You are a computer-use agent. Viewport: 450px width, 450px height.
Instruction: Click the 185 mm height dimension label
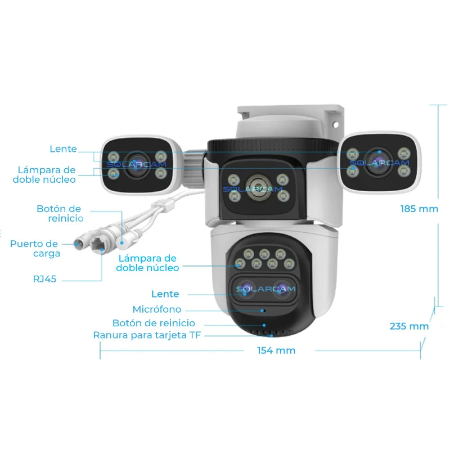pos(419,209)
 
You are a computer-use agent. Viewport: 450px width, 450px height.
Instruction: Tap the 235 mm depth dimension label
pos(409,326)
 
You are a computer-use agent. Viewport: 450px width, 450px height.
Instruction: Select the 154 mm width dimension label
pos(276,350)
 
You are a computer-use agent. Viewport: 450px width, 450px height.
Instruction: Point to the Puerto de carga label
pos(34,249)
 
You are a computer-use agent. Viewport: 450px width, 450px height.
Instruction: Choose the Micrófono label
pos(157,309)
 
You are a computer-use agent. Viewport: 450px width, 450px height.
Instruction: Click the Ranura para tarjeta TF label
pos(147,335)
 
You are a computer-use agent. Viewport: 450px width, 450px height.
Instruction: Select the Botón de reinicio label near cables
pos(60,213)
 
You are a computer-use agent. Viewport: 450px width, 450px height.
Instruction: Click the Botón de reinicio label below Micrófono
pos(154,323)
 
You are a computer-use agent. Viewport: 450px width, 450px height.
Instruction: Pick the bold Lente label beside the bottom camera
pos(165,294)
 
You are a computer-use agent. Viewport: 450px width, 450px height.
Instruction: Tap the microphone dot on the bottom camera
pos(262,309)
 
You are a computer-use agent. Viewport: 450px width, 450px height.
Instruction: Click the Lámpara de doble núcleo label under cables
pos(147,263)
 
